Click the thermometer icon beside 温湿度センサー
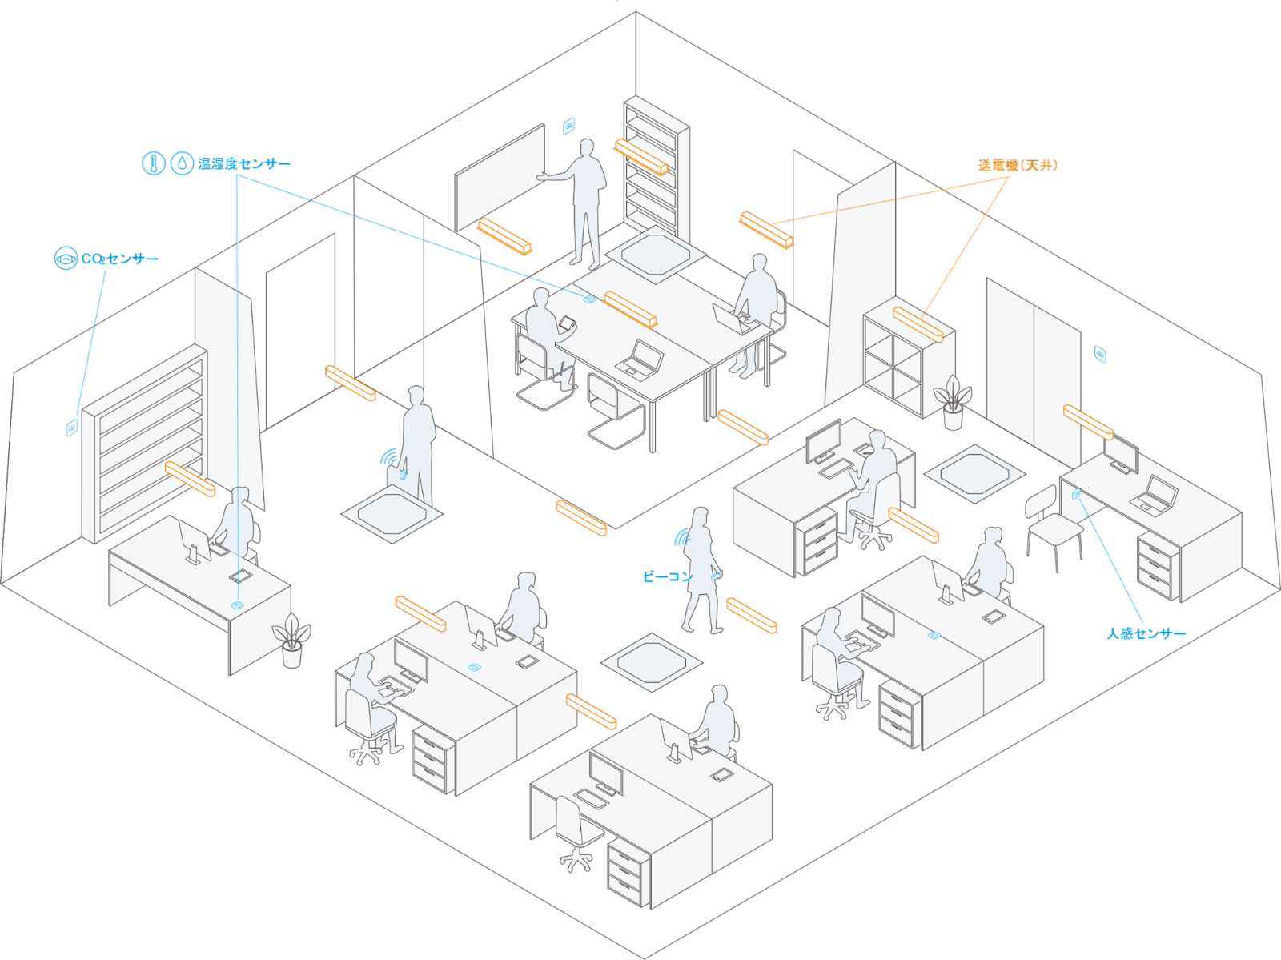154,163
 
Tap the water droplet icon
183,163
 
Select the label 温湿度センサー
244,164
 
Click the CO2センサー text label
120,259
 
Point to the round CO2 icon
65,258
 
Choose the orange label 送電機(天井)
1018,166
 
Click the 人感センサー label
1146,633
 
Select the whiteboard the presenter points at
500,178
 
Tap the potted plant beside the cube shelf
952,402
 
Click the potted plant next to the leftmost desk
291,641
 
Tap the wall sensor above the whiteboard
568,125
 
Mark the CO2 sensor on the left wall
71,428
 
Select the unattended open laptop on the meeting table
640,358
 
